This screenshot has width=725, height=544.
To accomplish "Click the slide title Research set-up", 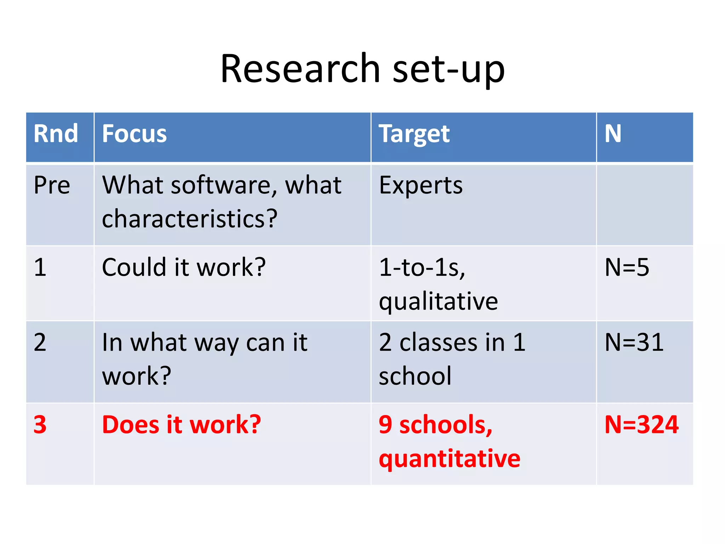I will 362,69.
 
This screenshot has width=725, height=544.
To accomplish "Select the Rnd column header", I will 56,134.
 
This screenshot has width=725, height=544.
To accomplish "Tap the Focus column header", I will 134,134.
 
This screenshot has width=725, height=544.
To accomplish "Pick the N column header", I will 613,134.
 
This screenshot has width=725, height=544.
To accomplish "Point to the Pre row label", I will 52,185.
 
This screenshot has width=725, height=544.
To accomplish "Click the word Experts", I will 421,186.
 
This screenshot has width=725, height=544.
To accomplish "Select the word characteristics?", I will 189,219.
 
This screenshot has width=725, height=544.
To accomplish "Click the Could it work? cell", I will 183,267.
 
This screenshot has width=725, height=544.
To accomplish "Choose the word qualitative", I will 438,302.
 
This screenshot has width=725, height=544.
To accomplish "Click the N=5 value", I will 627,267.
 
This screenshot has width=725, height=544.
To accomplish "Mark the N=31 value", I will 634,342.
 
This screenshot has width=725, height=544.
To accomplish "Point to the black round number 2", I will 40,342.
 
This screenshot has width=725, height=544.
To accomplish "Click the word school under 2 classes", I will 415,376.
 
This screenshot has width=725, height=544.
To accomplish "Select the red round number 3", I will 40,425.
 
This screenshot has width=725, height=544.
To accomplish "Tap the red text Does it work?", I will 181,425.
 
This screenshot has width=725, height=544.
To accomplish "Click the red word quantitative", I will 449,459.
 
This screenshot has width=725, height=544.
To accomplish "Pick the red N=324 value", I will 641,425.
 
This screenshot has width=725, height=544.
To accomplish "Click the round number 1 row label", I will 40,267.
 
